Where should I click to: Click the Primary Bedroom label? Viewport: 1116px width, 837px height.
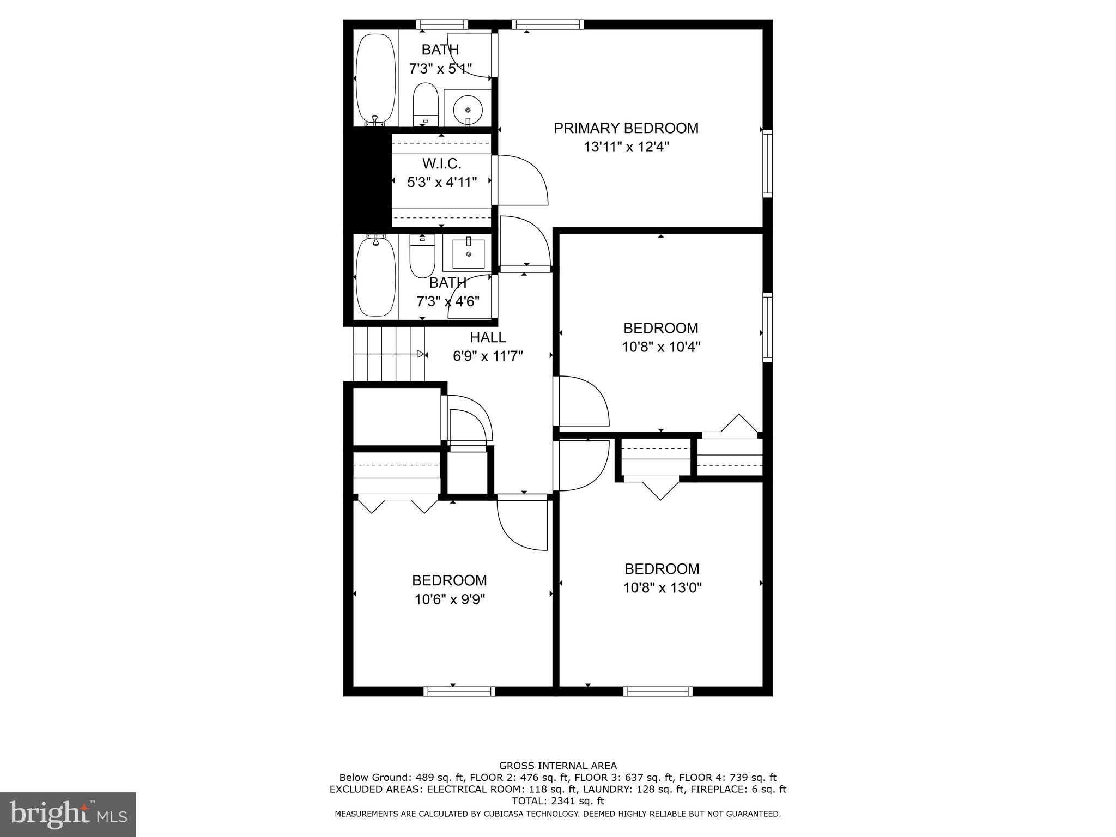click(x=626, y=128)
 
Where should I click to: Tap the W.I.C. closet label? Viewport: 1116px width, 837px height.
click(x=442, y=163)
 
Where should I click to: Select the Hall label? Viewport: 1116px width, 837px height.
click(x=488, y=337)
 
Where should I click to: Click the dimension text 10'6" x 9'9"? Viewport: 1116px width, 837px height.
click(x=450, y=599)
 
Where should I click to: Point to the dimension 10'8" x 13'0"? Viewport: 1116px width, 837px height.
click(x=662, y=587)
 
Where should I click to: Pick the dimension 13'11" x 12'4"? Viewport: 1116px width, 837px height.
click(x=626, y=147)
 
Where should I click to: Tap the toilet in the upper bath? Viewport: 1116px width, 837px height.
click(x=425, y=104)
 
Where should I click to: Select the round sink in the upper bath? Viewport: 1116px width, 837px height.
click(x=468, y=110)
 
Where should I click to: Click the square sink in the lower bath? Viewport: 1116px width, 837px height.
click(x=468, y=254)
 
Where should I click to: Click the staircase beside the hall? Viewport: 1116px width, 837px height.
click(x=389, y=354)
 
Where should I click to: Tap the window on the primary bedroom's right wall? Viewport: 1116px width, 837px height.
click(x=767, y=163)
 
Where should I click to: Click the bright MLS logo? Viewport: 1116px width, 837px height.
click(x=68, y=814)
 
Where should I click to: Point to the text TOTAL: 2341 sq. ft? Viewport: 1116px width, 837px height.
click(x=557, y=801)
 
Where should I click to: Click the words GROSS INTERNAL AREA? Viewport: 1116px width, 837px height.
click(x=557, y=766)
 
